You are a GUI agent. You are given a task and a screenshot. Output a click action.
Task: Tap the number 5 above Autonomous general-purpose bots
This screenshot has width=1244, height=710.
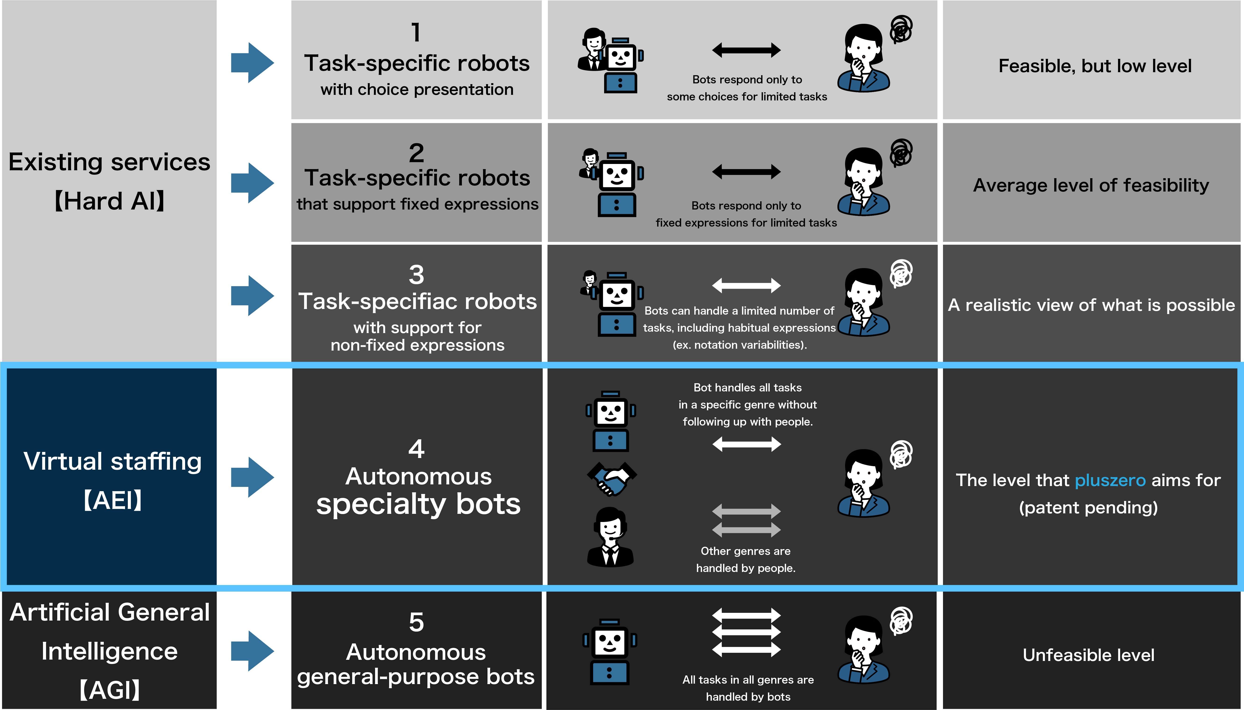(x=416, y=622)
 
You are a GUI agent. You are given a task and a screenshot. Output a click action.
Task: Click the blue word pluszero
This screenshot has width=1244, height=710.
(x=1110, y=480)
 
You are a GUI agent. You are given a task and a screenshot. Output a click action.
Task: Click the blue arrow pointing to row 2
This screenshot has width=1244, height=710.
(x=252, y=183)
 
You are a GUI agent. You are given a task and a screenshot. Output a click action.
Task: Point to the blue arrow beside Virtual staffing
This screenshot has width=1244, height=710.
(x=252, y=477)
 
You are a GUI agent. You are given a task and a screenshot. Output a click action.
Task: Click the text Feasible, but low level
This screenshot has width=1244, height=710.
(x=1095, y=66)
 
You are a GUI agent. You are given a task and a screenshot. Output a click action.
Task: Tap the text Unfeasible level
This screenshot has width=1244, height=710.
(x=1088, y=655)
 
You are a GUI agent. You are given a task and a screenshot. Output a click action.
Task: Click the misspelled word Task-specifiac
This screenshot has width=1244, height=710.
(x=372, y=301)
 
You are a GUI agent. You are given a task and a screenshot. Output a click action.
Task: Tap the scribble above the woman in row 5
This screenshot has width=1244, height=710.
(x=901, y=621)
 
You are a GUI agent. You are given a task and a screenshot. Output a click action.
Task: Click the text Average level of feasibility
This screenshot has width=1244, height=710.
(x=1091, y=185)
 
